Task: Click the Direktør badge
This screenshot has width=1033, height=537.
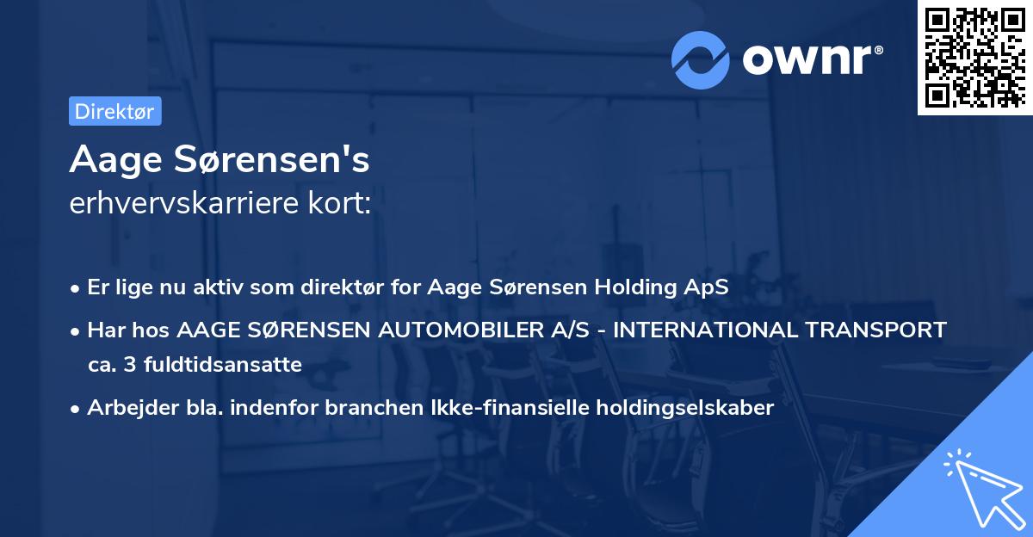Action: coord(114,112)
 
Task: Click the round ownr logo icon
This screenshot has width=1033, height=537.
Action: coord(700,59)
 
